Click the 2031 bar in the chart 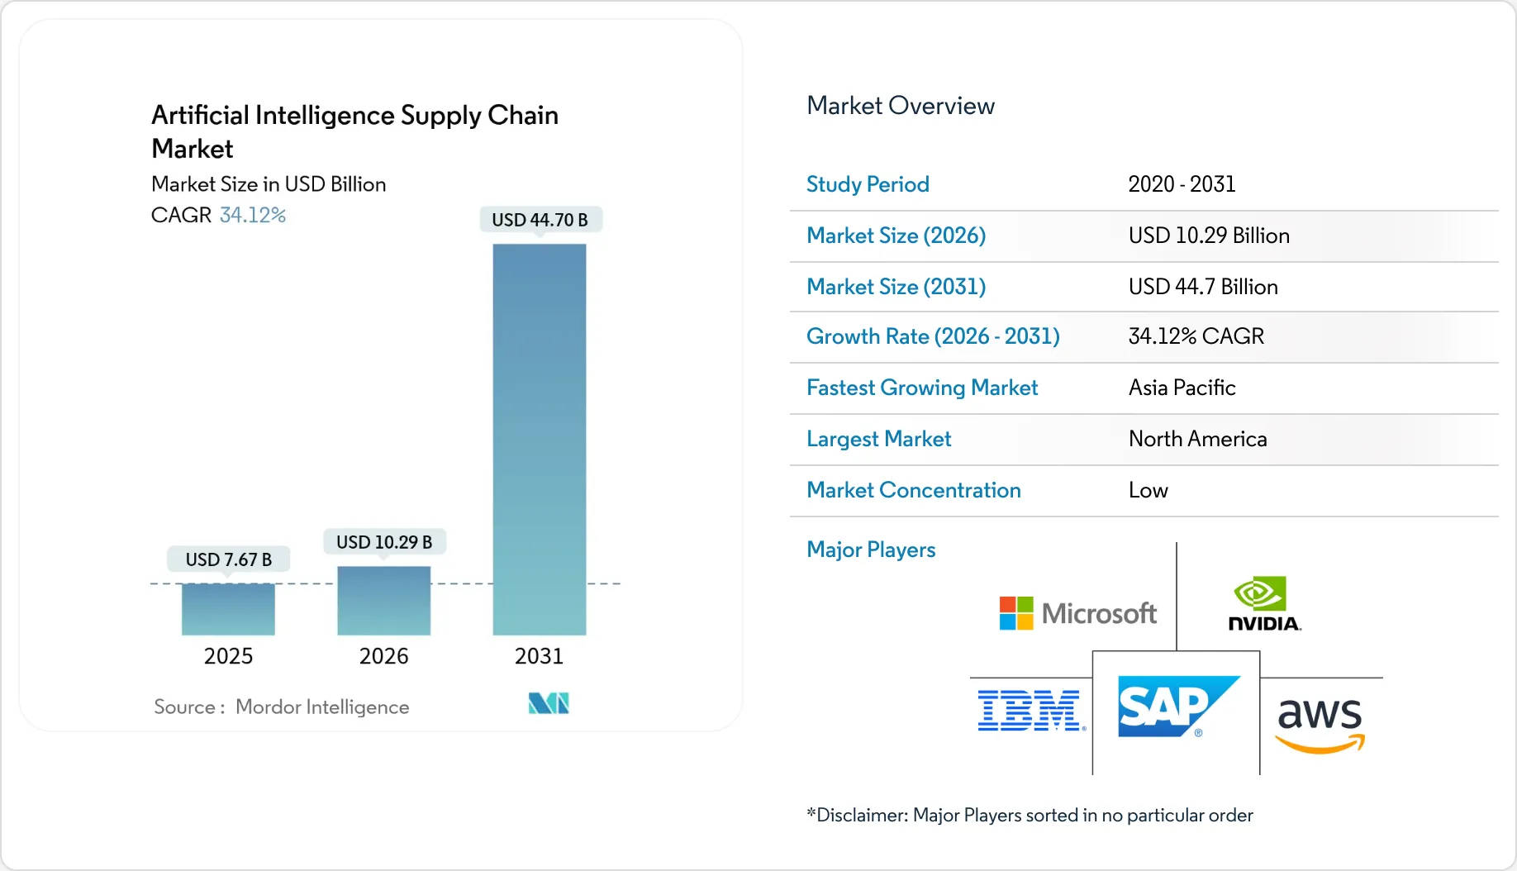click(x=539, y=439)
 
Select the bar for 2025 click(x=228, y=609)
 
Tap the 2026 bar click(x=383, y=601)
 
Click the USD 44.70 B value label click(x=540, y=220)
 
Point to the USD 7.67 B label click(x=228, y=559)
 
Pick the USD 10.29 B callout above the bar click(x=383, y=542)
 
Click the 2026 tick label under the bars click(x=383, y=656)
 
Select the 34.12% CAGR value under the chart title click(x=253, y=215)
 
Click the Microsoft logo click(x=1077, y=613)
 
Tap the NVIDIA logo click(x=1263, y=604)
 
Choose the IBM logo click(x=1030, y=711)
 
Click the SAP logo click(x=1177, y=707)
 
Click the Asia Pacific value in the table click(x=1182, y=388)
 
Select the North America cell click(x=1197, y=439)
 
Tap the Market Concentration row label click(x=913, y=490)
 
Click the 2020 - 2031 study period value click(x=1182, y=184)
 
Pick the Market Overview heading click(x=900, y=106)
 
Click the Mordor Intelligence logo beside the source click(x=549, y=703)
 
